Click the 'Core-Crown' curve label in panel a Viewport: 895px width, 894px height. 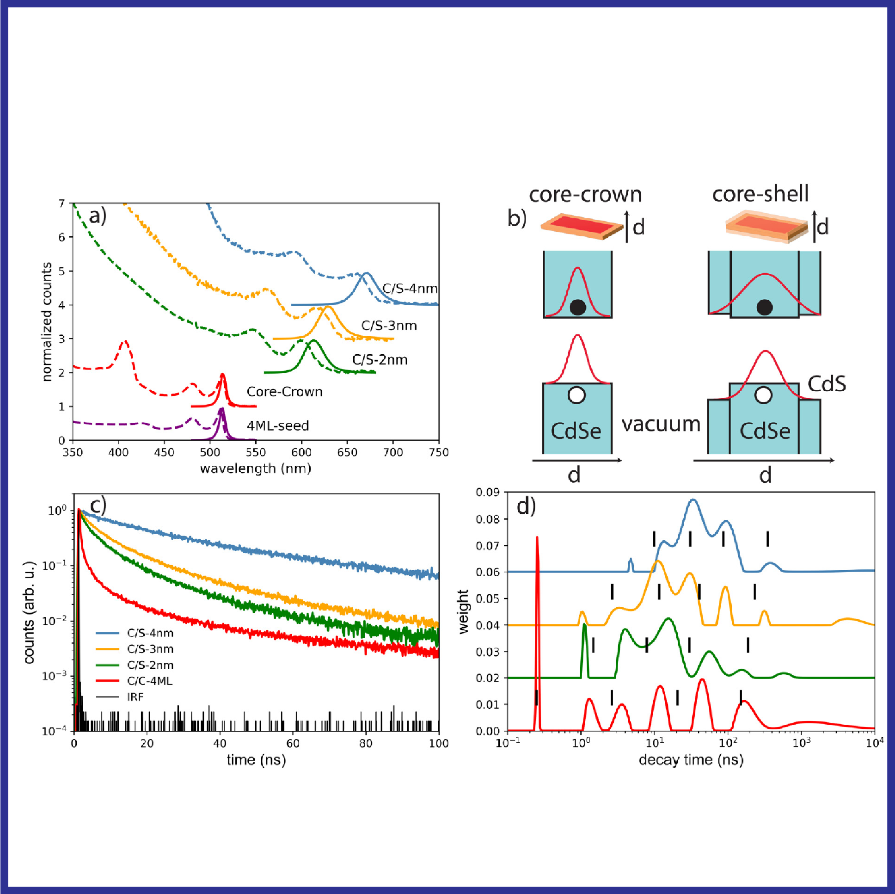point(284,392)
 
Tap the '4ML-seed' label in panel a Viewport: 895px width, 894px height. point(277,425)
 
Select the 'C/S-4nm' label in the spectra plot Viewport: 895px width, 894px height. point(410,289)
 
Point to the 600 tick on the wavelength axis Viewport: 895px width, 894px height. point(301,452)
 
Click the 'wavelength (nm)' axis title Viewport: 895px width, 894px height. point(255,469)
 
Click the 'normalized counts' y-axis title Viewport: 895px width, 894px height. point(47,321)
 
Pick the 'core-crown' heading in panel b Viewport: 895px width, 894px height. point(585,195)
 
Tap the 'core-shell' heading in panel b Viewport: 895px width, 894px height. point(760,194)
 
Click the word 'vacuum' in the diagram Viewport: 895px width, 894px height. point(661,424)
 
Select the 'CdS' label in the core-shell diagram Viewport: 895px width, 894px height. point(827,384)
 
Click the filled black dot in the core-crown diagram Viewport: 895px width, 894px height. point(577,307)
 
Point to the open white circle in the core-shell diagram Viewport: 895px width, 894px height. point(763,395)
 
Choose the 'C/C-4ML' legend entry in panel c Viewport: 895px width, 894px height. point(149,681)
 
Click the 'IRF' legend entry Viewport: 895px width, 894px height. point(135,697)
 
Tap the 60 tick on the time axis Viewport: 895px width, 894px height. point(293,743)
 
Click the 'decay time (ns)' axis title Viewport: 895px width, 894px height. point(691,759)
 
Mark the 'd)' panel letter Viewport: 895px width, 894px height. point(526,506)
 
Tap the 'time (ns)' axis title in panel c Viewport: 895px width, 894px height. point(256,759)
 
